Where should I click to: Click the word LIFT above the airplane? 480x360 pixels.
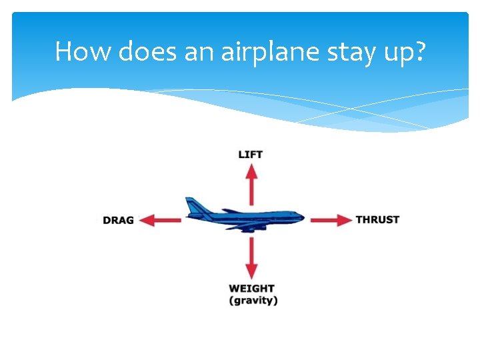coord(251,155)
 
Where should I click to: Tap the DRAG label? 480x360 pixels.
coord(118,220)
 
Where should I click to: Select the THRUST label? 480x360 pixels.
coord(377,219)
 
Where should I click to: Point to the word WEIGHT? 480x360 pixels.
coord(251,289)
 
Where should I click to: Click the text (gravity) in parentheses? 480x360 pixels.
coord(253,301)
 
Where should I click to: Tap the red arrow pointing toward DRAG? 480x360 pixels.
coord(160,220)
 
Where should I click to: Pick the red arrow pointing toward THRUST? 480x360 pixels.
coord(331,219)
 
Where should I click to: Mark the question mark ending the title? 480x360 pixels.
coord(418,51)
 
